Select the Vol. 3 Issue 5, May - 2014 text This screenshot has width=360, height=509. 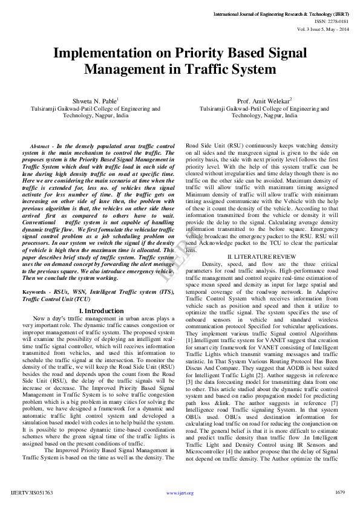pyautogui.click(x=323, y=28)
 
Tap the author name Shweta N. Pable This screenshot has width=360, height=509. pyautogui.click(x=94, y=101)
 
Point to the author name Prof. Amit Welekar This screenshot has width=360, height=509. pyautogui.click(x=263, y=101)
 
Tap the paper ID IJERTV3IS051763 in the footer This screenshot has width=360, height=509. pyautogui.click(x=32, y=493)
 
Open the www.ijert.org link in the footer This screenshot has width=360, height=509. pyautogui.click(x=180, y=493)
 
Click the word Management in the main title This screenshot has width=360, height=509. pyautogui.click(x=124, y=69)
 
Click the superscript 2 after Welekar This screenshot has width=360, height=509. pyautogui.click(x=291, y=99)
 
